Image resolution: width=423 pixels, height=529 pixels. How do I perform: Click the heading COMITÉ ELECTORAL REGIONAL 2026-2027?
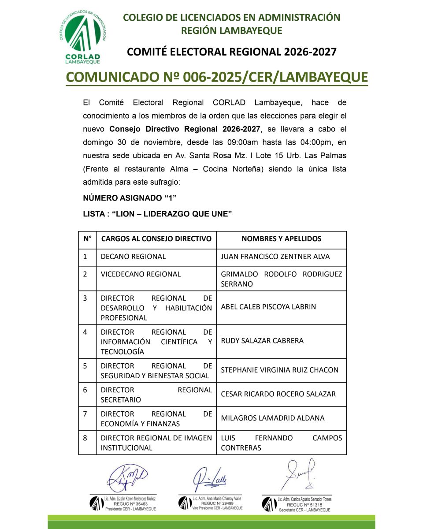click(x=232, y=52)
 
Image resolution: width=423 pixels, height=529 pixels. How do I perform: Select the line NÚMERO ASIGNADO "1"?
click(x=126, y=198)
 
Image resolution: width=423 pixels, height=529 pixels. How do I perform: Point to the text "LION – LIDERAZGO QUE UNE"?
click(x=172, y=214)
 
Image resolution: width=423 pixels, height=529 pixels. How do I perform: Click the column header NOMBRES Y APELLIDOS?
click(x=281, y=239)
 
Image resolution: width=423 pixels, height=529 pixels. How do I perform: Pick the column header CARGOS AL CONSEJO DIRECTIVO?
click(x=156, y=239)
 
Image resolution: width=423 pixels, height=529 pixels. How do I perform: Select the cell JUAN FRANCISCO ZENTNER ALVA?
click(x=275, y=257)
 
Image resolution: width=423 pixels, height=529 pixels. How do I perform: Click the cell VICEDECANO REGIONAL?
click(x=141, y=274)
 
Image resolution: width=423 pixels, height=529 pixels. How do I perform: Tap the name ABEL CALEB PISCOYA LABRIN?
click(x=268, y=306)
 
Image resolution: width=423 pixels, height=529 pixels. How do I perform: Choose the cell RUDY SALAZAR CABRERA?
click(x=262, y=341)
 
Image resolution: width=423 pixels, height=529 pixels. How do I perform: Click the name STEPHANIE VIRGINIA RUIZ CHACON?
click(x=279, y=370)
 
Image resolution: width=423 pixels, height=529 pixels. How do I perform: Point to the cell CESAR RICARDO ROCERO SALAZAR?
click(x=278, y=394)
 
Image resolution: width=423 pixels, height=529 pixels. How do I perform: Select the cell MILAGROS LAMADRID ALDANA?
click(x=272, y=418)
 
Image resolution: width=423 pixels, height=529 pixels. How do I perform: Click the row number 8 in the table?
click(x=85, y=438)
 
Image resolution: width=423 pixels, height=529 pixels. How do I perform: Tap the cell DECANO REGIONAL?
click(x=133, y=257)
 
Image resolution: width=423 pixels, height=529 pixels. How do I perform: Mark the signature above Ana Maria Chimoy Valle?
click(x=210, y=477)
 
